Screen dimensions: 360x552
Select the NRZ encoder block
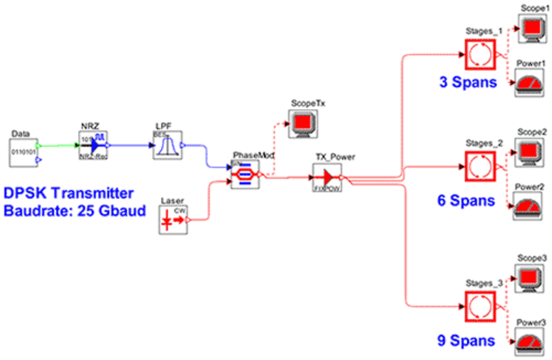94,145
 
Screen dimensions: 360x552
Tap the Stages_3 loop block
480,305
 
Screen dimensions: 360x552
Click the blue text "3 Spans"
466,83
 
